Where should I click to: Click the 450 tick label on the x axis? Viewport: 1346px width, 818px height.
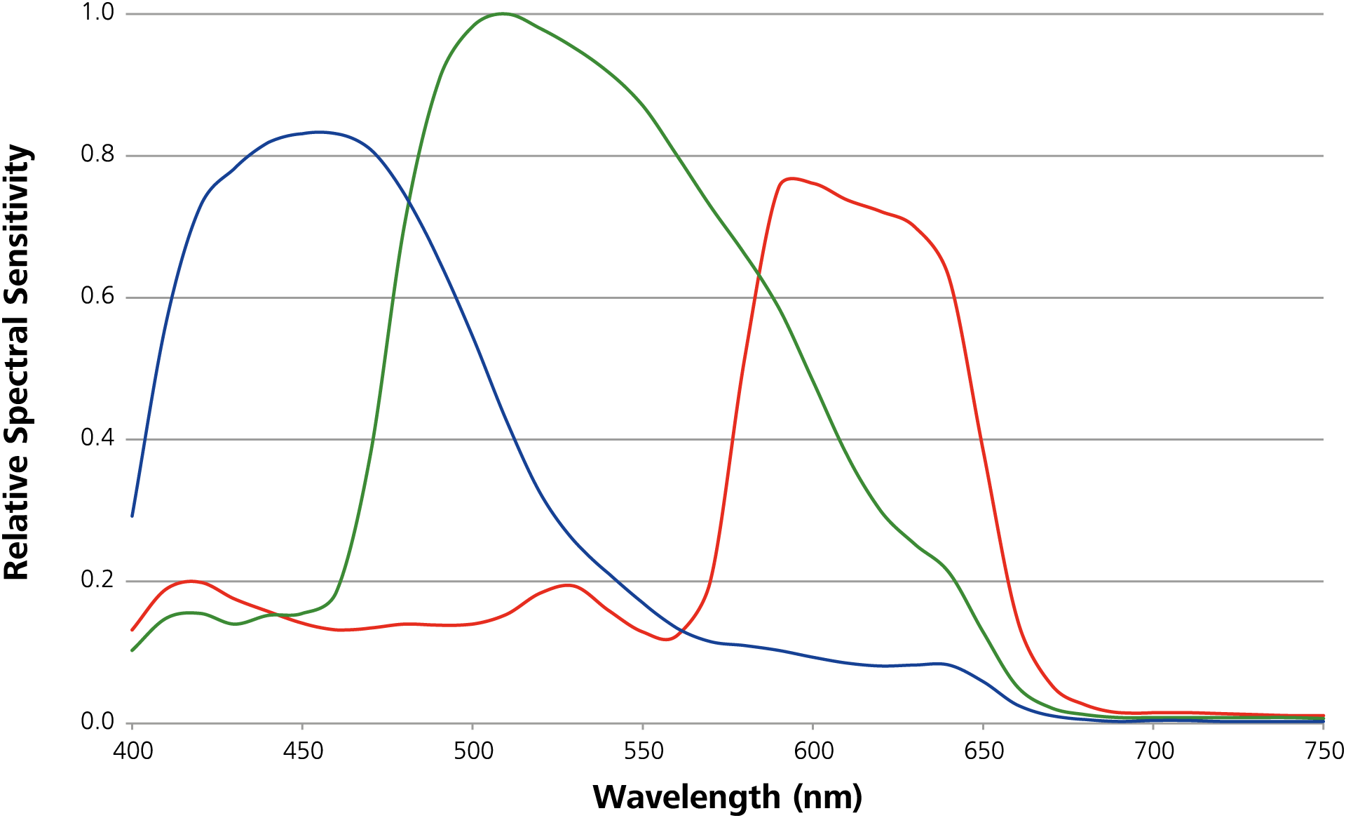tap(303, 751)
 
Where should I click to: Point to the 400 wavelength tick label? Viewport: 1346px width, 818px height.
tap(132, 751)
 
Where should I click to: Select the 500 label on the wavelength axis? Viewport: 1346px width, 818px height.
tap(473, 751)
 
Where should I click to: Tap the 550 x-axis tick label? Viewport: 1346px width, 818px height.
tap(644, 751)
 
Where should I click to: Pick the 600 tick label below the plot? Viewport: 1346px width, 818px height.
tap(814, 751)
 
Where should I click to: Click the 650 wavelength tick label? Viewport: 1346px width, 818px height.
tap(984, 751)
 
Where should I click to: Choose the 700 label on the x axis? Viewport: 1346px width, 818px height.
tap(1155, 751)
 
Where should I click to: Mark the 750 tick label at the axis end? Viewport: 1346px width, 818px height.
tap(1324, 751)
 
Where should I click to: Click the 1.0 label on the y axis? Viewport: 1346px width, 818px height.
tap(97, 13)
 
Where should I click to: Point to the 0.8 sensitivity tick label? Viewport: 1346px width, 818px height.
tap(97, 154)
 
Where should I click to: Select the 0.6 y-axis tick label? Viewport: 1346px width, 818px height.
tap(97, 296)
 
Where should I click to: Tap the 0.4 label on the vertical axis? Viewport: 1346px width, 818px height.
tap(97, 438)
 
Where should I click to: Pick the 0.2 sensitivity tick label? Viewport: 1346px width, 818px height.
tap(97, 579)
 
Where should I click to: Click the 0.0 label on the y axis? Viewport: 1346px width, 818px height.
tap(97, 721)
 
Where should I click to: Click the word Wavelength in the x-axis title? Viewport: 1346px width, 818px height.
tap(686, 797)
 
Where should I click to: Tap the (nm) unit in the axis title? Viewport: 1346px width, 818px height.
tap(828, 797)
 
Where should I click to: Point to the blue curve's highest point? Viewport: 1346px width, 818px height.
tap(320, 132)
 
